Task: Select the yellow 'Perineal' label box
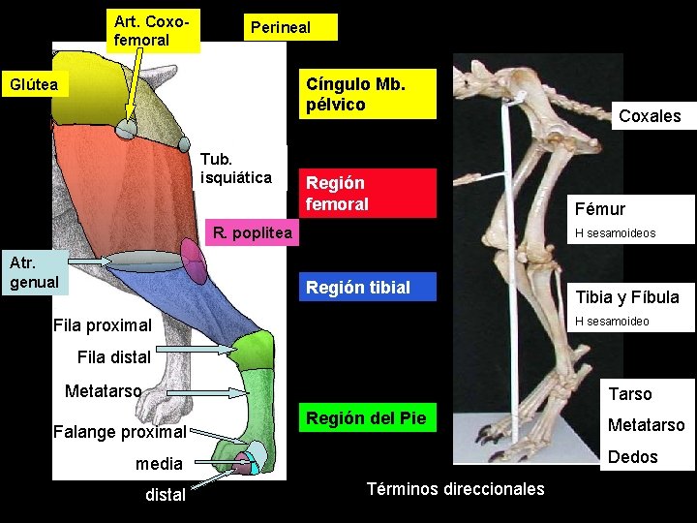click(288, 27)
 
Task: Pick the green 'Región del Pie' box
click(367, 418)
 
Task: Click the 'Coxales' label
click(650, 116)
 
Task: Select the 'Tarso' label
click(629, 394)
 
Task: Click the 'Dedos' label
click(633, 457)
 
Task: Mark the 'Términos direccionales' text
click(456, 489)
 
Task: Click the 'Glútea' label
click(34, 85)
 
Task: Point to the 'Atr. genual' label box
click(35, 272)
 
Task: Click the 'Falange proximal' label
click(120, 431)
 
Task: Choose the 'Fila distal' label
click(113, 357)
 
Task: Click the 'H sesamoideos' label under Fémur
click(615, 233)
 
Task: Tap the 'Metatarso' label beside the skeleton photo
click(646, 425)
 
